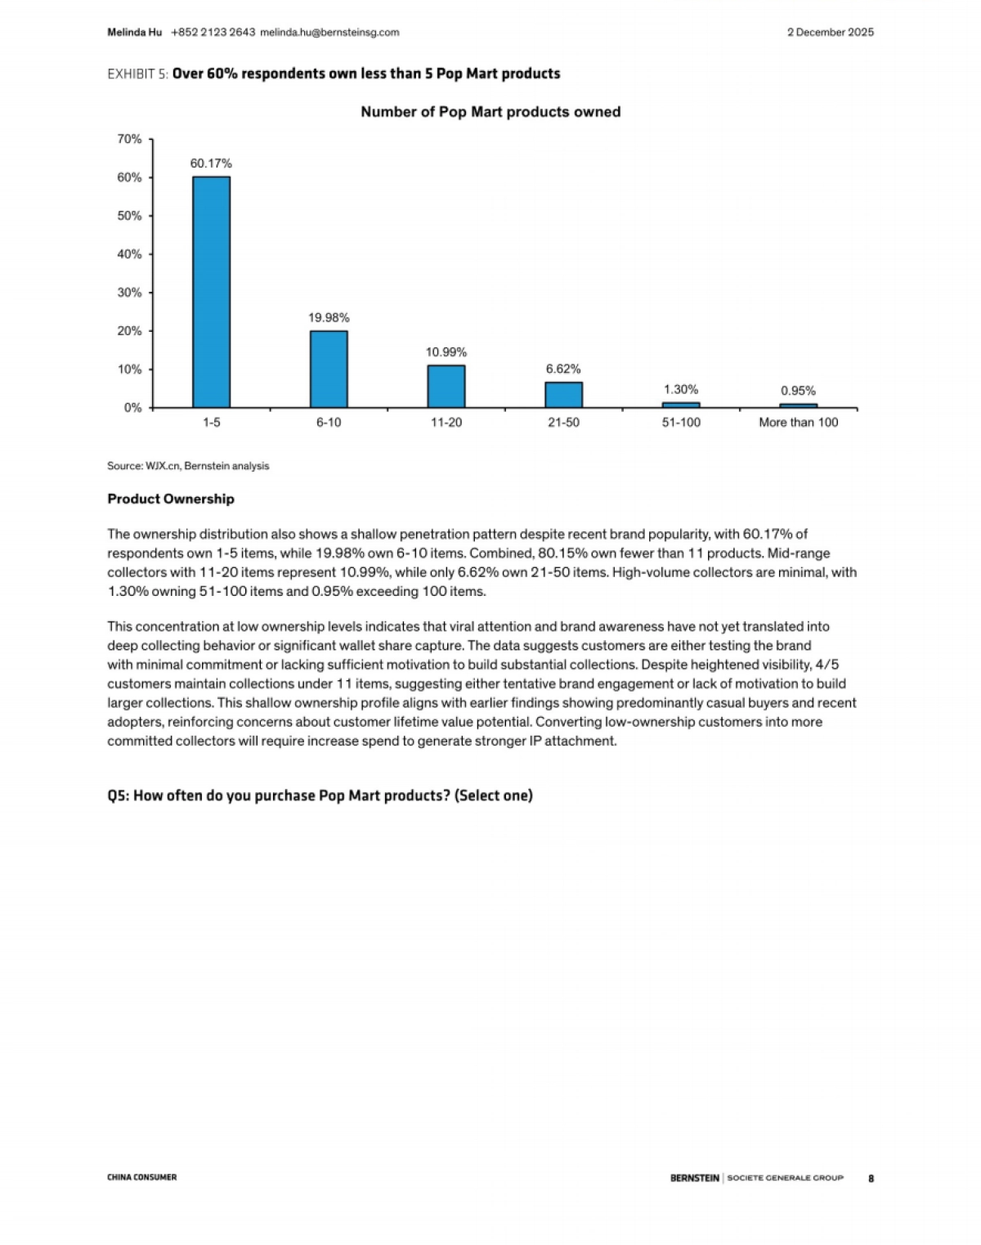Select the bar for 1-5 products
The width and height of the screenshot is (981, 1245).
tap(211, 292)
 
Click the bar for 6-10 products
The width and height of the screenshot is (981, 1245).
tap(329, 369)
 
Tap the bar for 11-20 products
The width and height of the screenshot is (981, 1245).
tap(446, 386)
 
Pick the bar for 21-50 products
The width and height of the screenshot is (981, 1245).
tap(563, 394)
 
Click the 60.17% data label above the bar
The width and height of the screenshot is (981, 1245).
tap(211, 163)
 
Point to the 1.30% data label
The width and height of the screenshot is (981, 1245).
tap(681, 390)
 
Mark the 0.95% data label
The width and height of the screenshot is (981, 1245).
tap(798, 391)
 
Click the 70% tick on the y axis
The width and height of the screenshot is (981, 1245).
tap(129, 139)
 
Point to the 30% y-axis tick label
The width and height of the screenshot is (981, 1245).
tap(129, 293)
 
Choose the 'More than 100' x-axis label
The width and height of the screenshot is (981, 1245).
tap(798, 423)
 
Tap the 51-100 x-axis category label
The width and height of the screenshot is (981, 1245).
tap(681, 423)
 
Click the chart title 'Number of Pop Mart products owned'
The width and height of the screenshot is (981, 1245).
tap(490, 112)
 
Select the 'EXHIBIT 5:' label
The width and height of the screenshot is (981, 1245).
tap(137, 74)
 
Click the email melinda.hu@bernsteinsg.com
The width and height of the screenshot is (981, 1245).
tap(329, 33)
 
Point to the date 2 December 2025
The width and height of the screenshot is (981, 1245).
tap(830, 33)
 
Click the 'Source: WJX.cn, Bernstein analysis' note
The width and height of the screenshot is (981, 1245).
tap(188, 466)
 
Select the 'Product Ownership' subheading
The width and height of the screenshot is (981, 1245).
tap(171, 499)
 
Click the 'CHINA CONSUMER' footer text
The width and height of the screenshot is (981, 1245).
tap(141, 1177)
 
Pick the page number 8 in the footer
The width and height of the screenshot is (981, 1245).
tap(871, 1178)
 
